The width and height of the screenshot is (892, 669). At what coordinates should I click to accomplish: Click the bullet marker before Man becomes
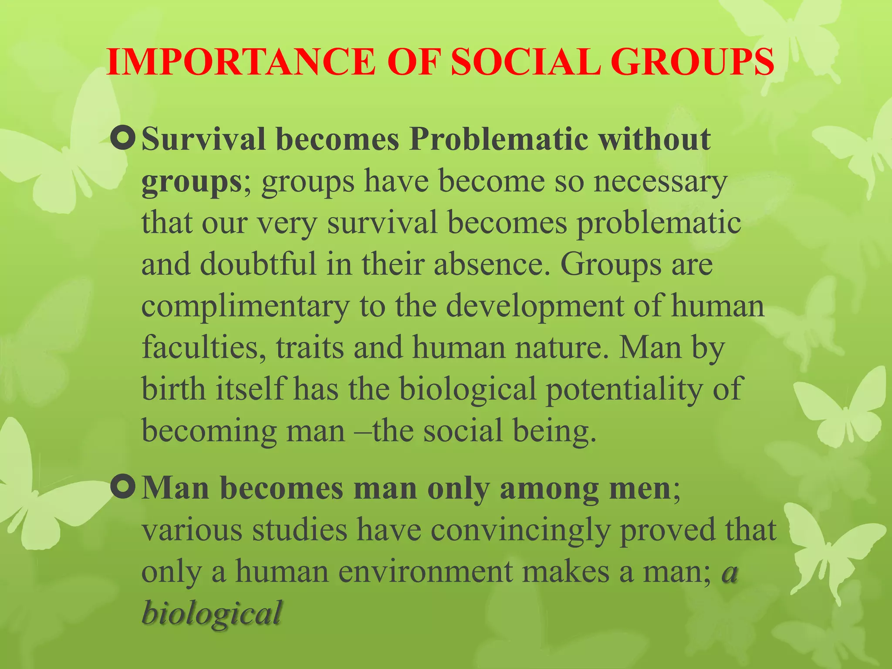click(x=123, y=488)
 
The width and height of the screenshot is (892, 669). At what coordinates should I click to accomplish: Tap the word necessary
click(x=660, y=182)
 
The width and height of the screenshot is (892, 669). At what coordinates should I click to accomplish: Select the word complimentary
click(x=245, y=307)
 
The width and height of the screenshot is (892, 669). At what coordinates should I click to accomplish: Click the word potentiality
click(x=624, y=389)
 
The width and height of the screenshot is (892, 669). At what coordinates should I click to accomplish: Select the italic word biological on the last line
click(x=212, y=613)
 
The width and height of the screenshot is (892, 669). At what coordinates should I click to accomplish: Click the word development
click(x=535, y=306)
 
